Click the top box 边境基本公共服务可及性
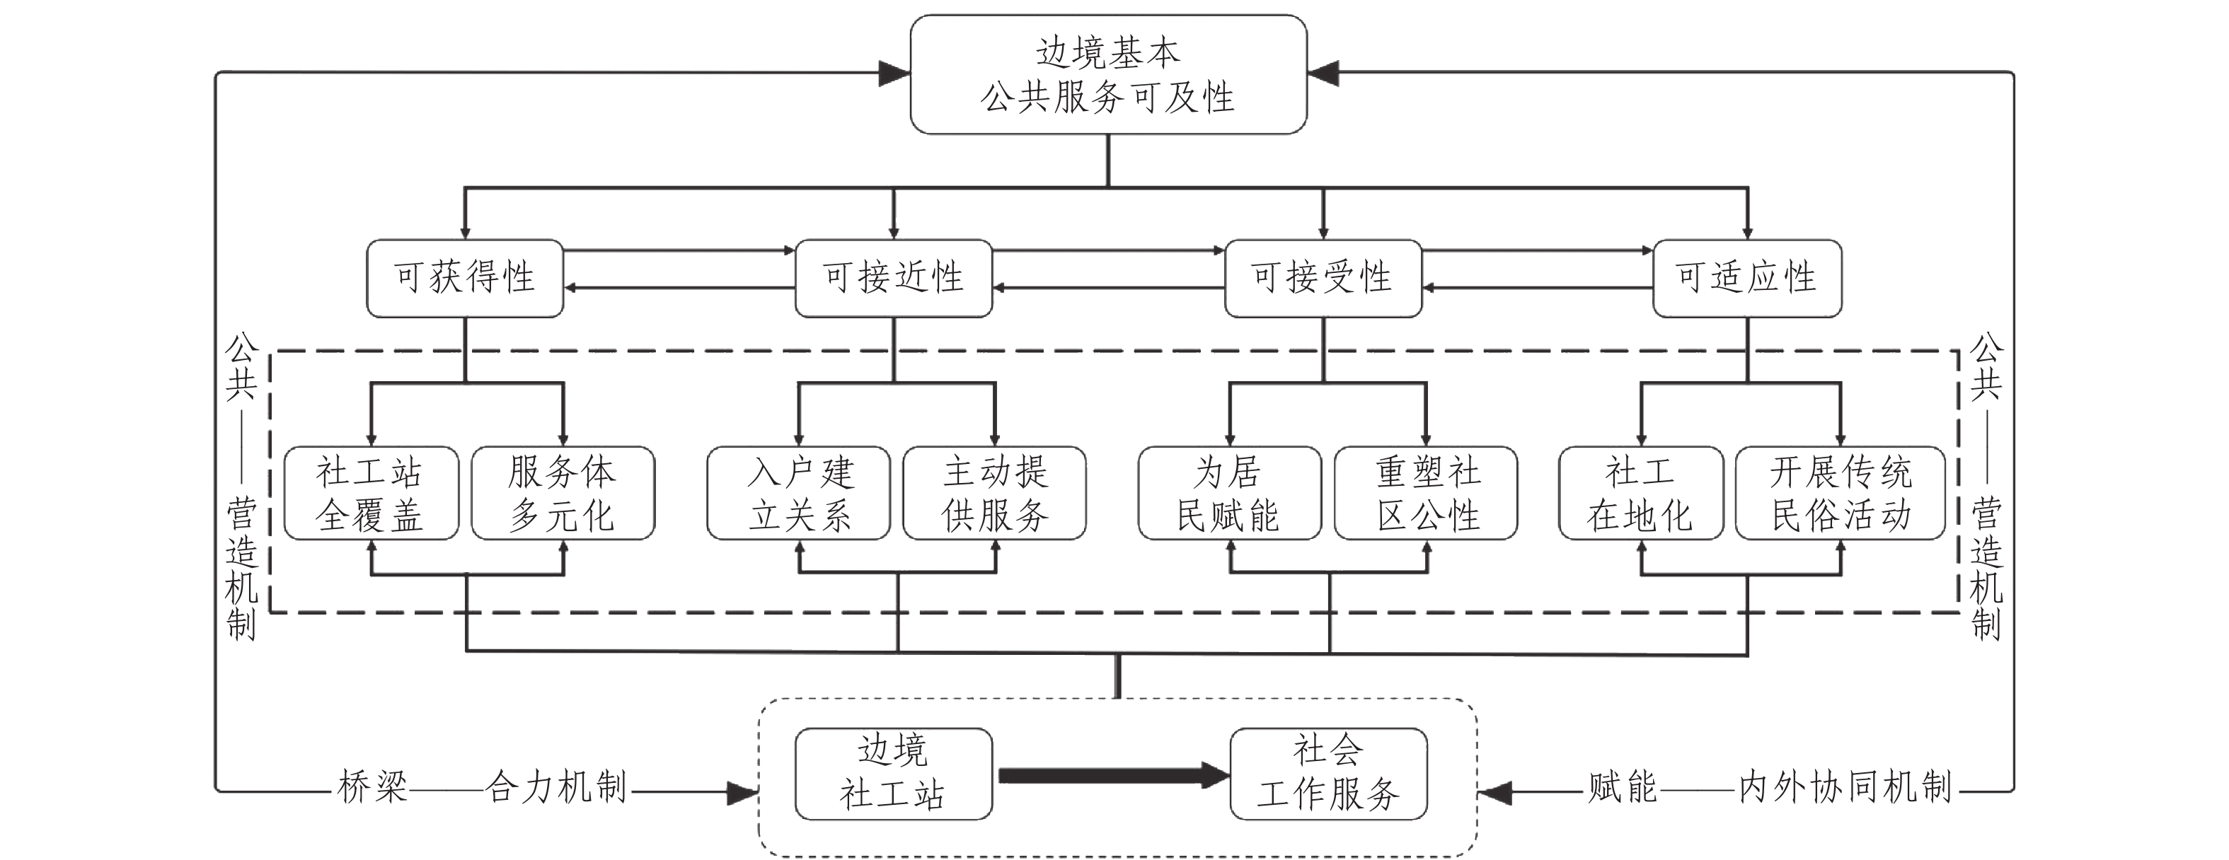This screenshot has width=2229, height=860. pyautogui.click(x=1108, y=74)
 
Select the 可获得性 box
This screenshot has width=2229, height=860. pyautogui.click(x=465, y=278)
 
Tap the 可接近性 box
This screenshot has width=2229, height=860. pyautogui.click(x=893, y=278)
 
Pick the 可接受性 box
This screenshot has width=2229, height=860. pyautogui.click(x=1322, y=278)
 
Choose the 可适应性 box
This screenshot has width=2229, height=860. pyautogui.click(x=1746, y=278)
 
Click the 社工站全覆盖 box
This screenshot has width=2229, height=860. pyautogui.click(x=370, y=493)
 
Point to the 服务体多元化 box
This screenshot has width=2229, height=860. pyautogui.click(x=563, y=493)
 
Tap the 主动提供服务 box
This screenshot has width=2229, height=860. pyautogui.click(x=994, y=493)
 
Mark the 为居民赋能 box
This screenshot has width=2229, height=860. pyautogui.click(x=1228, y=493)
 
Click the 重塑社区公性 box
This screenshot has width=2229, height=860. pyautogui.click(x=1425, y=493)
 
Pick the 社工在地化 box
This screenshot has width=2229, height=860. pyautogui.click(x=1640, y=493)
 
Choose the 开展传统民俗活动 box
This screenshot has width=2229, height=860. pyautogui.click(x=1840, y=493)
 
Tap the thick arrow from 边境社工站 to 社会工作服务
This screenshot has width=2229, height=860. pyautogui.click(x=1112, y=775)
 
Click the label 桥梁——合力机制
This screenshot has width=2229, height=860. pyautogui.click(x=482, y=787)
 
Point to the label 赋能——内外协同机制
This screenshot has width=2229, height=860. pyautogui.click(x=1770, y=787)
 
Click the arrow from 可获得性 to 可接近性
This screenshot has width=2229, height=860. pyautogui.click(x=679, y=251)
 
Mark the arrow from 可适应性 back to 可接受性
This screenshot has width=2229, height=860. pyautogui.click(x=1538, y=287)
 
